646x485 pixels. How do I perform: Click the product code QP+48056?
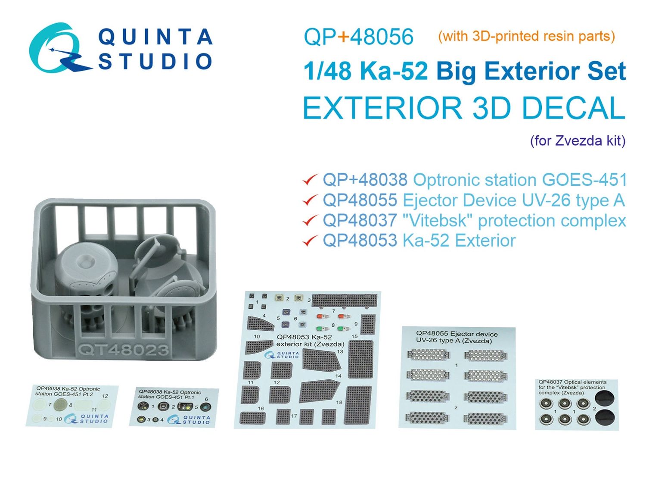click(358, 37)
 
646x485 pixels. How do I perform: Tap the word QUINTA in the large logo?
click(155, 37)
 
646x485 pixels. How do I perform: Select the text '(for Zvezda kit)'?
click(578, 141)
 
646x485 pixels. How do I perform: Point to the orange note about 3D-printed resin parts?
click(526, 36)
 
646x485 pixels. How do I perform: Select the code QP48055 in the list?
click(360, 200)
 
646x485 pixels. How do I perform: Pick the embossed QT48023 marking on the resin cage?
click(123, 350)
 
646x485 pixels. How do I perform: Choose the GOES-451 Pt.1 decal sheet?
click(174, 407)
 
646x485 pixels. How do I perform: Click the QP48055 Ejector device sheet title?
click(457, 337)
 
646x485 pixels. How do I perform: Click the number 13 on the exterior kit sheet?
click(340, 352)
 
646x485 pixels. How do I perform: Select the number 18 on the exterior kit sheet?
click(339, 402)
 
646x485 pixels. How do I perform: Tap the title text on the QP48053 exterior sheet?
click(310, 341)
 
